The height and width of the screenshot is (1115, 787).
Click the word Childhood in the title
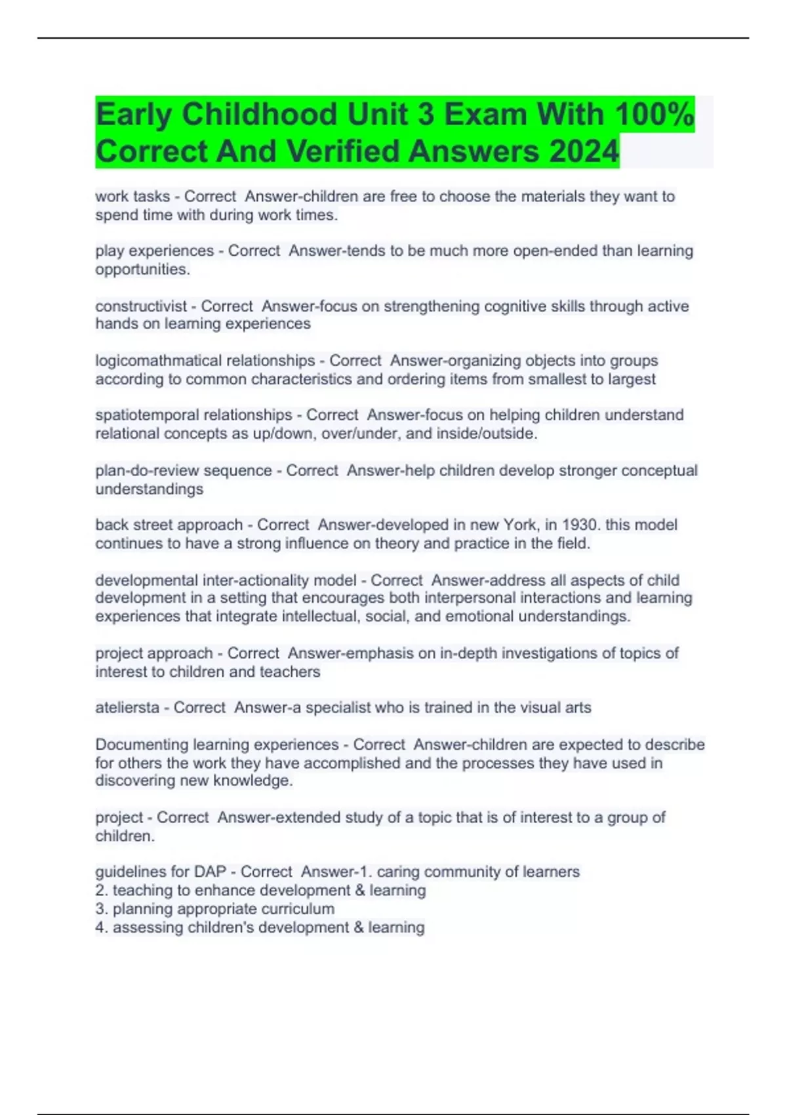[x=260, y=115]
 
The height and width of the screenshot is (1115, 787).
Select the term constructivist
[x=141, y=306]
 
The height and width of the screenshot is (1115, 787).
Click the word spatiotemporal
[x=148, y=415]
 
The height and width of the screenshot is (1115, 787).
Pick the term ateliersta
[x=127, y=708]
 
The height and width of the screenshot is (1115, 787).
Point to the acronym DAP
[x=210, y=872]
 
